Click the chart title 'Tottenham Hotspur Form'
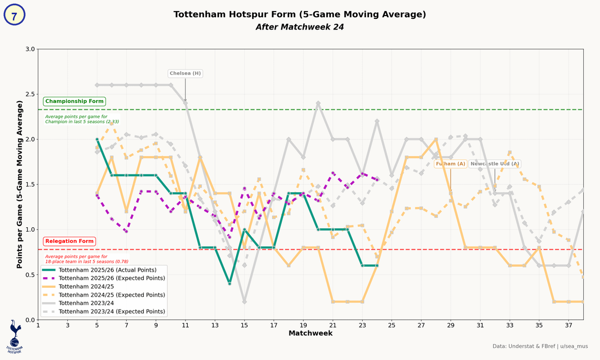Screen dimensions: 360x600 300,14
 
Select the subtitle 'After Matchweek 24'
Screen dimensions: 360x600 300,27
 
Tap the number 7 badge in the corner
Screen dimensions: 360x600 14,15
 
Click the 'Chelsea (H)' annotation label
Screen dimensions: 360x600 185,73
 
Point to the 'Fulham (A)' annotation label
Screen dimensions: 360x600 450,164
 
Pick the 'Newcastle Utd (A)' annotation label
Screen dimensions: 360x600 494,164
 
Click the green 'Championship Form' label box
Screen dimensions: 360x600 74,102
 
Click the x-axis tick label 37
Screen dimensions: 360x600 568,325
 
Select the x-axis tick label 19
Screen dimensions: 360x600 303,325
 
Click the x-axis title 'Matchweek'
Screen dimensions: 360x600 311,333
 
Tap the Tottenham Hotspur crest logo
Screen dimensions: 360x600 14,337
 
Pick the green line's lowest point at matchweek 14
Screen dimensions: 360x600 229,283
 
